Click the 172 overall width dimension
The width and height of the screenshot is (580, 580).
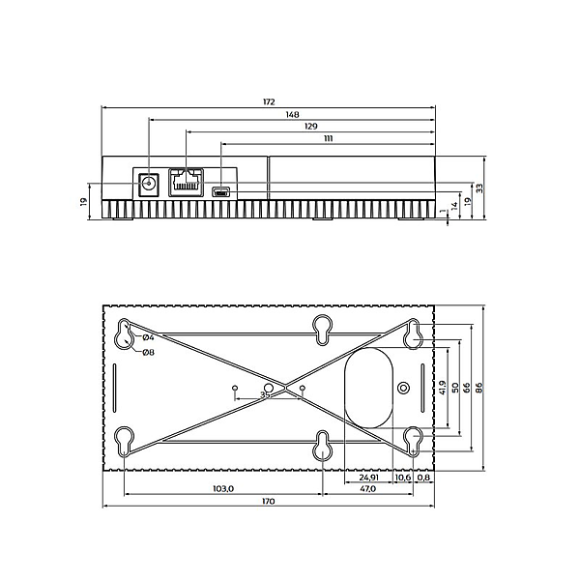[269, 101]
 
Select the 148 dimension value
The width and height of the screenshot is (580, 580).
[292, 115]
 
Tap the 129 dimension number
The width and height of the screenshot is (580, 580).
[311, 127]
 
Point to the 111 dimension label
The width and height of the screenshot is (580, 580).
[328, 138]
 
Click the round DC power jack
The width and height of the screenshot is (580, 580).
[149, 184]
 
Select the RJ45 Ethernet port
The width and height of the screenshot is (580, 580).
[186, 183]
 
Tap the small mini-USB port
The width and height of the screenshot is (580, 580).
[220, 192]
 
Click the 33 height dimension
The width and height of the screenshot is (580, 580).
[479, 188]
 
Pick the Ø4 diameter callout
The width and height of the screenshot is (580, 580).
[148, 337]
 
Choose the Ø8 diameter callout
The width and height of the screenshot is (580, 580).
[148, 353]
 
